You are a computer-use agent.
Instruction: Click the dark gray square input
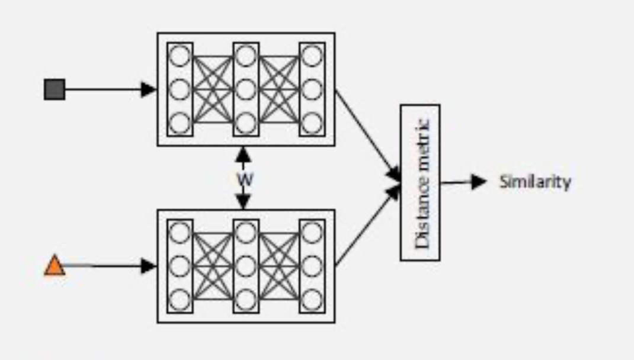pos(55,89)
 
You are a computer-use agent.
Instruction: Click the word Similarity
pos(534,182)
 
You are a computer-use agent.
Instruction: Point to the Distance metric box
pos(420,182)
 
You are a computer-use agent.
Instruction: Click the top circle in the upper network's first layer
pos(180,56)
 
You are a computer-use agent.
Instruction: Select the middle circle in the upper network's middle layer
pos(246,89)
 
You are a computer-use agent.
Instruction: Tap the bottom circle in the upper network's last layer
pos(312,123)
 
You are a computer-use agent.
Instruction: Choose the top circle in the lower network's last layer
pos(312,232)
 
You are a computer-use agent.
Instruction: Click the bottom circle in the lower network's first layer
pos(180,300)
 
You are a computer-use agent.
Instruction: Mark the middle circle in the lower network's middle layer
pos(246,266)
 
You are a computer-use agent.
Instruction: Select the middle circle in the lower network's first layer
pos(180,266)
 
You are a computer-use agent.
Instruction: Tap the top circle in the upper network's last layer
pos(312,56)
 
